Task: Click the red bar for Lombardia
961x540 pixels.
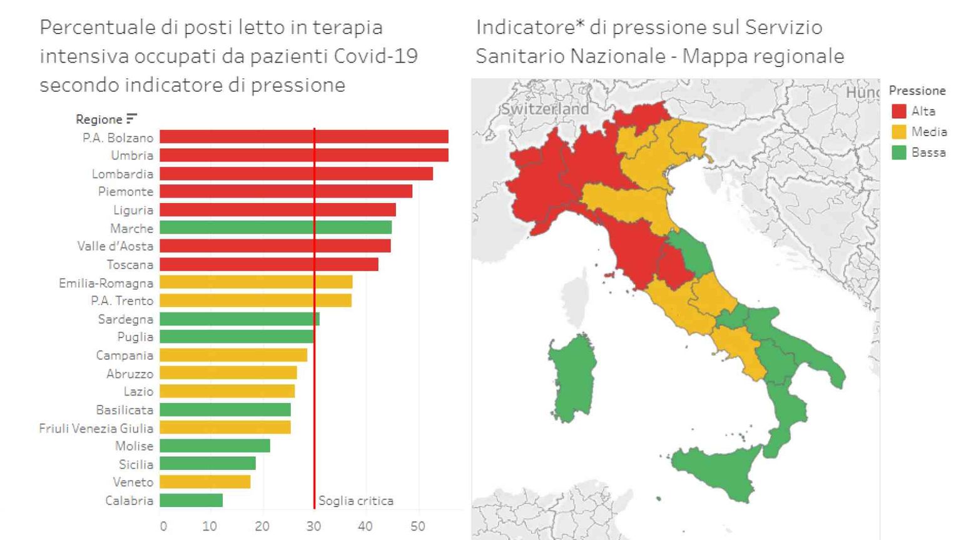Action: [296, 174]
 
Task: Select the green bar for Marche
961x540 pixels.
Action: [275, 227]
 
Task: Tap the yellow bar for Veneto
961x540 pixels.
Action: [205, 482]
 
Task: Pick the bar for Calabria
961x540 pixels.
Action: [191, 500]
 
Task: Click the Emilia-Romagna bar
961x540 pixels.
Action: [256, 282]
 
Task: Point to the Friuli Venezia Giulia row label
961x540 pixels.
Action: [96, 428]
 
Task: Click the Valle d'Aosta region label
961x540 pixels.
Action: [115, 246]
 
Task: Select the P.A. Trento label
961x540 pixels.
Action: [122, 301]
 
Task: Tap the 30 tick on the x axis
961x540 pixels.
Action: [313, 526]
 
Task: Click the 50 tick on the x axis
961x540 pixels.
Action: [417, 526]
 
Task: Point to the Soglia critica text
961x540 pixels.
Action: [355, 501]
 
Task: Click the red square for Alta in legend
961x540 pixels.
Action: [899, 111]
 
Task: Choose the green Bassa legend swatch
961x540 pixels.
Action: [899, 152]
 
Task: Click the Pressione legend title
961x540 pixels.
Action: [917, 91]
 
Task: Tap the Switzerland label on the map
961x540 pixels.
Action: [544, 109]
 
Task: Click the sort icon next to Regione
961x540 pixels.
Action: [131, 119]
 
